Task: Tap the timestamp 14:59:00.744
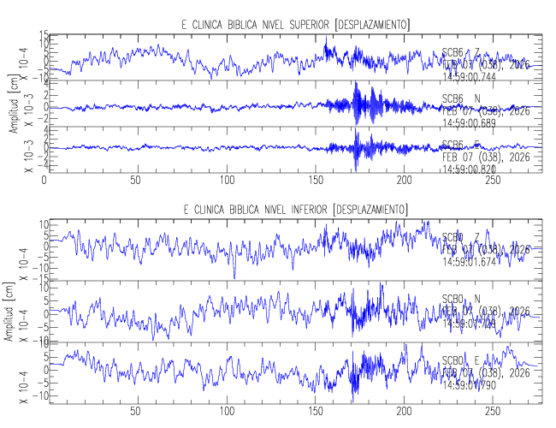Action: click(475, 76)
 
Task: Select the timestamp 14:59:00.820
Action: click(475, 169)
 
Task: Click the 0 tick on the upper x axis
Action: click(44, 181)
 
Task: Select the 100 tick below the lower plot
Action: click(227, 412)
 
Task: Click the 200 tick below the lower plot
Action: click(408, 412)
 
